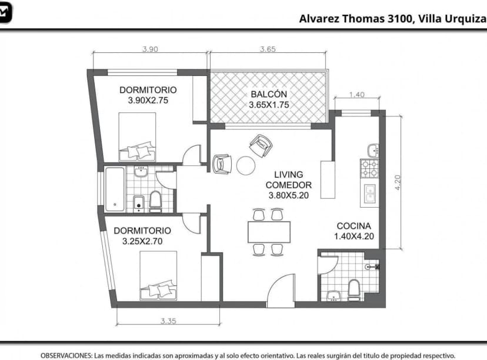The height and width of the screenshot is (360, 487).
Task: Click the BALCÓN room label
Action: click(269, 94)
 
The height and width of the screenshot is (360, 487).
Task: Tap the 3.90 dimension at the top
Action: click(151, 49)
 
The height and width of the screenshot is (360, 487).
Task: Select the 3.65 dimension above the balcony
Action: click(268, 49)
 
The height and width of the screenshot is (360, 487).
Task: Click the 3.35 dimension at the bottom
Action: click(168, 321)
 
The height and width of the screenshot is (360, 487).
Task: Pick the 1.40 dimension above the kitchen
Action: click(356, 95)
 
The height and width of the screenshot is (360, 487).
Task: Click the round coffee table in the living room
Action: click(246, 165)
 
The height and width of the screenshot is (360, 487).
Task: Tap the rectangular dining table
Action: click(269, 232)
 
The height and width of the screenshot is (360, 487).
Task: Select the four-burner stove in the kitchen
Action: click(369, 169)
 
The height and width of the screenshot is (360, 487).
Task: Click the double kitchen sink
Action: click(370, 193)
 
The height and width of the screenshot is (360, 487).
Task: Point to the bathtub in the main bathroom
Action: click(115, 189)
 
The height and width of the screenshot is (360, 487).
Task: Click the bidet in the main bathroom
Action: click(139, 204)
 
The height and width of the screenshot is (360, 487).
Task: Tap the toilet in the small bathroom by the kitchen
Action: click(353, 290)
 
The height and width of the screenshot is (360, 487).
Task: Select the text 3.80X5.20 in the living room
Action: click(289, 195)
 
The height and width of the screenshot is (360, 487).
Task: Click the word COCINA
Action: click(353, 226)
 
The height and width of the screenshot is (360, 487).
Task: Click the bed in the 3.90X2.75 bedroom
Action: click(137, 136)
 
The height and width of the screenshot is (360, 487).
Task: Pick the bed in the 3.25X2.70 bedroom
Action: click(158, 275)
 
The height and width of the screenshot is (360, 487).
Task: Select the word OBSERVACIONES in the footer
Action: click(66, 355)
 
